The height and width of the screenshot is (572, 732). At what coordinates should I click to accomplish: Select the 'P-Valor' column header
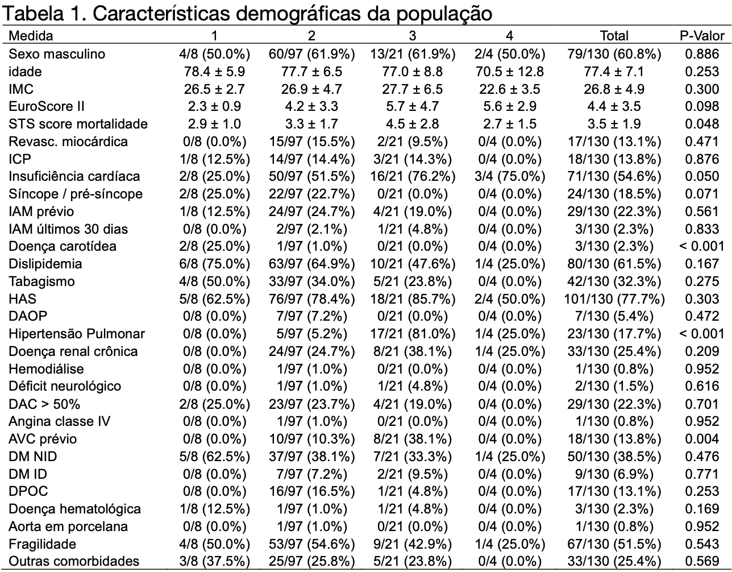(702, 36)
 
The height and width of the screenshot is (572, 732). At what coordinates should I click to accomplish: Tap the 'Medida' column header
(31, 36)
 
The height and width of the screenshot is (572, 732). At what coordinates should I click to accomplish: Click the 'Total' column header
(614, 36)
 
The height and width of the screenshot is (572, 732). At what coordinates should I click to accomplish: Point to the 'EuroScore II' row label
(46, 106)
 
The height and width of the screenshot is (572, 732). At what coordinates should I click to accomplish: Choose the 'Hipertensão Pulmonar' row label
(77, 334)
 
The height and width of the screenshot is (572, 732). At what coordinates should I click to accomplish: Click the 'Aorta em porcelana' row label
(68, 527)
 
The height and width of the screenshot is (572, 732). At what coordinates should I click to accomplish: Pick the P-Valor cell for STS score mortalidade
(702, 124)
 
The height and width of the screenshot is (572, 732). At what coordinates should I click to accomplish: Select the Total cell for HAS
(614, 299)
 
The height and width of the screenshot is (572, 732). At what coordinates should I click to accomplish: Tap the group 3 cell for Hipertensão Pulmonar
(413, 334)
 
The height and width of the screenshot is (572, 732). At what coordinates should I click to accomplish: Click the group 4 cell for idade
(509, 72)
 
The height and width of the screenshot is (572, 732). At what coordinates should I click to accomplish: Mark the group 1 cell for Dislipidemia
(214, 264)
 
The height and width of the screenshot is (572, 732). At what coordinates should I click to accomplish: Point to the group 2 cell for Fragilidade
(311, 544)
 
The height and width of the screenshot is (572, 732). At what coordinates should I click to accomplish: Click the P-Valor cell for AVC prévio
(702, 439)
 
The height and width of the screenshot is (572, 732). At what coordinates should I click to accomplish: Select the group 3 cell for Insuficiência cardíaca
(413, 176)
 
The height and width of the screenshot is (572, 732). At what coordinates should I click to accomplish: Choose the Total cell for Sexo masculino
(614, 54)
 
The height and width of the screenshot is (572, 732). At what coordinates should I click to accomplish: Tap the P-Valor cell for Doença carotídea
(702, 247)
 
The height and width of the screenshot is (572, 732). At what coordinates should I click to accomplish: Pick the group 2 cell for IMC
(311, 89)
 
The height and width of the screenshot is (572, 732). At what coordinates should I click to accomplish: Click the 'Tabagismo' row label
(41, 281)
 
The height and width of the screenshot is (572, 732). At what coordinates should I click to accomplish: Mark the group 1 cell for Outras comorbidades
(214, 562)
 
